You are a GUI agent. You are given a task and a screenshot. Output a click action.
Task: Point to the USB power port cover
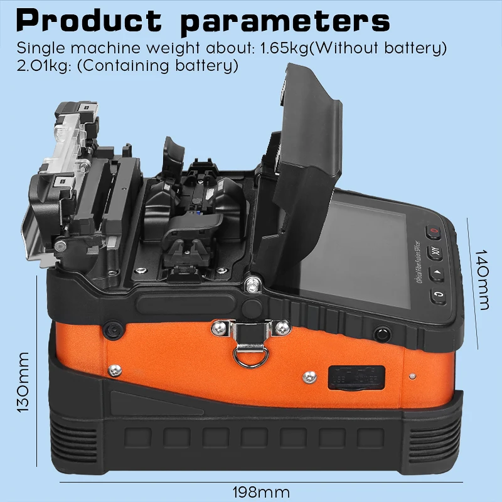pyautogui.click(x=349, y=376)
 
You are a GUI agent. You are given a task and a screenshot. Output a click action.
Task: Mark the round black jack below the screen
pyautogui.click(x=380, y=333)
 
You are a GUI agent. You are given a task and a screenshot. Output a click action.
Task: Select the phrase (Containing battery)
pyautogui.click(x=159, y=65)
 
